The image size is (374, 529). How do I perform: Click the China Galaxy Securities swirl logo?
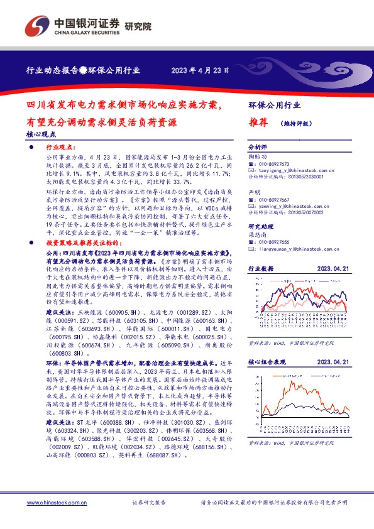coord(35,25)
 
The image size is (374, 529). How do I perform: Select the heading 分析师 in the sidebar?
coord(258,146)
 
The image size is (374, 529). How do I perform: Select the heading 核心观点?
coord(41,134)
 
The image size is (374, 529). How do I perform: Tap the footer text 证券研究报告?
coord(150,503)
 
